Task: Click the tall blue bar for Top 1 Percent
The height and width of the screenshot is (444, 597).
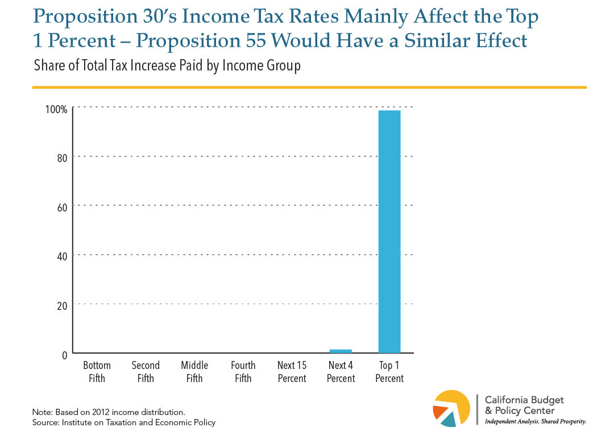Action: [389, 231]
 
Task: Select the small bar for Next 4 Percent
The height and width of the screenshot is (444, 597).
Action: [341, 351]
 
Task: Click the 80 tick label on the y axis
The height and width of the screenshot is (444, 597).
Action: [62, 158]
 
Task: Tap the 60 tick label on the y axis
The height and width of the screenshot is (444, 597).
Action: [62, 207]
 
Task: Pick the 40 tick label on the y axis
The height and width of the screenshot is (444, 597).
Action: [62, 256]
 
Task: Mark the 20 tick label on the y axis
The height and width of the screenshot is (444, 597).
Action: [62, 305]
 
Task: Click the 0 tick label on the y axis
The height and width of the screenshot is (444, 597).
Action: [64, 355]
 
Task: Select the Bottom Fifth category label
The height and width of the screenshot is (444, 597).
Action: [97, 372]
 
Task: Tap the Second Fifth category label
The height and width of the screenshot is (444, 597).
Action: [146, 372]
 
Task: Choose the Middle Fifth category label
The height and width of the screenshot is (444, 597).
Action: [194, 372]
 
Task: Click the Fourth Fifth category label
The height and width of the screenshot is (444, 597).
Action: [243, 372]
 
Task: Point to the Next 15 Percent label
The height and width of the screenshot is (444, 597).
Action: [292, 372]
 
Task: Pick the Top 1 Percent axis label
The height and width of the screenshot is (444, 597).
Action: [389, 372]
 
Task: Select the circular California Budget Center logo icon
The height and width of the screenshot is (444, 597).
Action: [451, 408]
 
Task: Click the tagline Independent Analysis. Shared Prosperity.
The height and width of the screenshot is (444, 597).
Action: [534, 421]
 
